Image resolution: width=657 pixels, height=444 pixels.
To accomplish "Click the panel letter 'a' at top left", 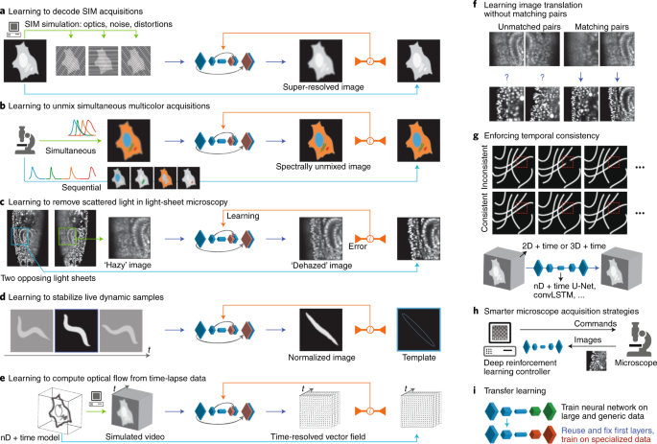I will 5,9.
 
